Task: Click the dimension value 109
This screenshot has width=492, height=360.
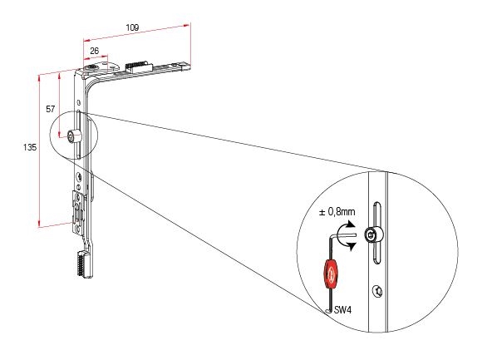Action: (x=132, y=27)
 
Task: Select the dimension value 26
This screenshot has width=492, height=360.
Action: (x=94, y=51)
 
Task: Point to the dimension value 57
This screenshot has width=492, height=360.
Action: (x=51, y=109)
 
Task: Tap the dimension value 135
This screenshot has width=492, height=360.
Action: (x=30, y=147)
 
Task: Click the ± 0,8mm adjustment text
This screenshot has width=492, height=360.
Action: (x=337, y=212)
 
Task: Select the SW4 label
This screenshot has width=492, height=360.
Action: (x=343, y=310)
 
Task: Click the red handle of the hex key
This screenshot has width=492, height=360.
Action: (x=331, y=274)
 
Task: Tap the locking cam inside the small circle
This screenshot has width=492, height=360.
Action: (x=74, y=136)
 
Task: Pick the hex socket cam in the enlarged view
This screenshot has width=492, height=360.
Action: (x=374, y=234)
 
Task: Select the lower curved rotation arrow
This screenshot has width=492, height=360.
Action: (x=347, y=245)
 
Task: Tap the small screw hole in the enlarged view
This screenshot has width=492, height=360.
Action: (x=377, y=291)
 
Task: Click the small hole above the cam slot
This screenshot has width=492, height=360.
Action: (x=79, y=102)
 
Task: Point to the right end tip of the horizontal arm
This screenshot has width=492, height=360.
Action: (x=190, y=65)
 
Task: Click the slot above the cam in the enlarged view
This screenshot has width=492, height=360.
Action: (x=376, y=215)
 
